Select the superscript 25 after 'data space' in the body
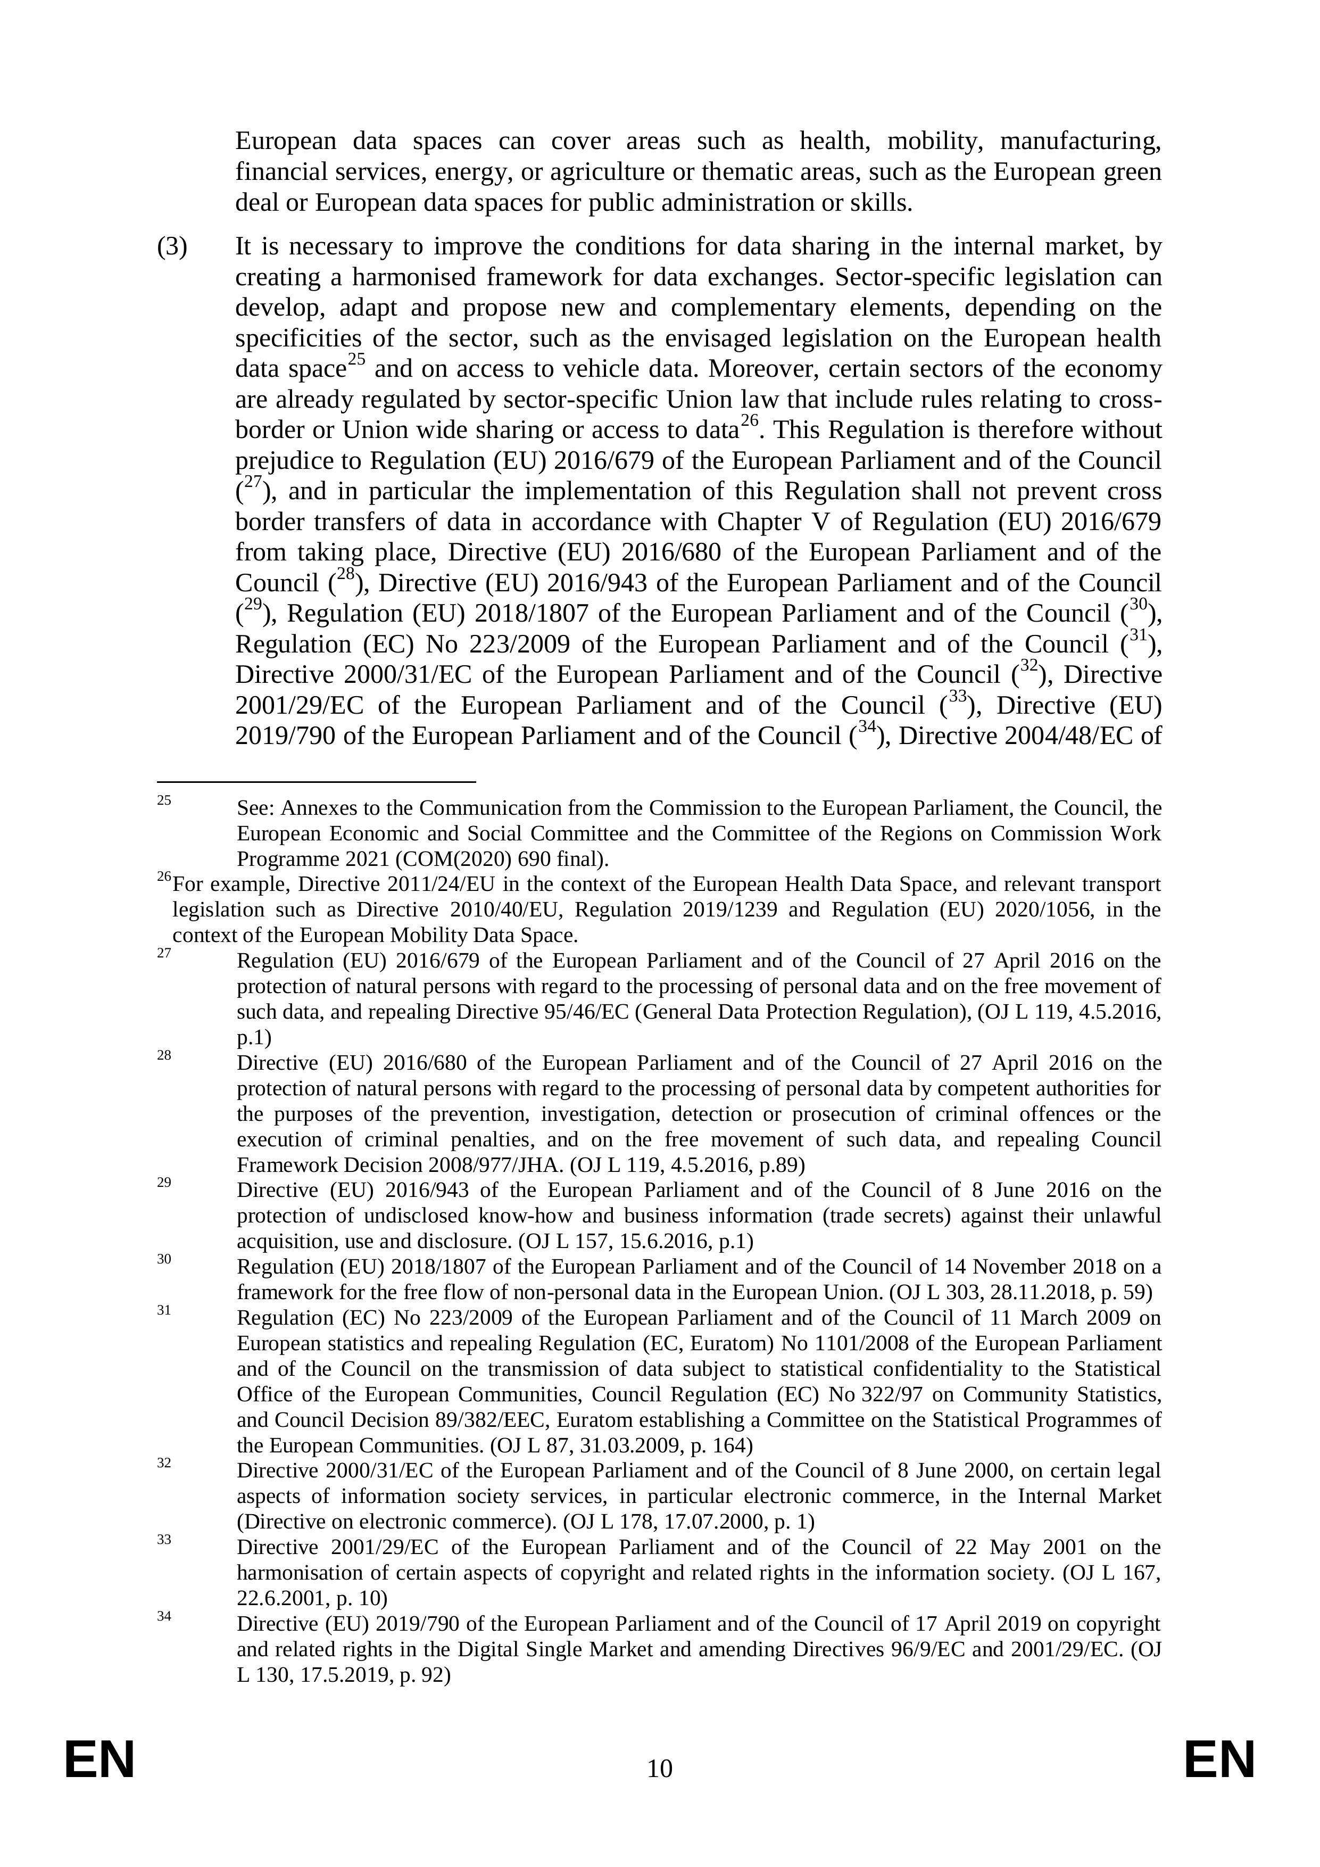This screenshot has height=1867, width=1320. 356,359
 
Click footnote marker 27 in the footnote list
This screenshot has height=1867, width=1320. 164,953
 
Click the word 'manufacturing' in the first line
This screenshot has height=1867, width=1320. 1080,142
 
